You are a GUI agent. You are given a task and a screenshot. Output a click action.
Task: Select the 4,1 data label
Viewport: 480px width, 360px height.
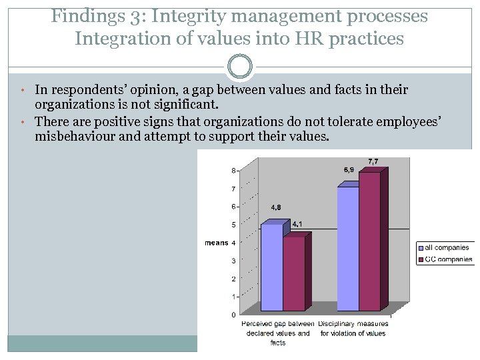tap(297, 225)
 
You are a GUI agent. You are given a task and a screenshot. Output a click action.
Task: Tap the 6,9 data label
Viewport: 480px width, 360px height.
tap(349, 170)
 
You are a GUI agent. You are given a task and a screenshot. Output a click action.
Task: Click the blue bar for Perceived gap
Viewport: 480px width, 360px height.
tap(271, 267)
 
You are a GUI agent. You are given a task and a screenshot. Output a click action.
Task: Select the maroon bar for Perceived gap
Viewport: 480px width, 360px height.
tap(293, 273)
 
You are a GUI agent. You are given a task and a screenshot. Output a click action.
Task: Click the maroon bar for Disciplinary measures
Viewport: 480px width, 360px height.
tap(369, 240)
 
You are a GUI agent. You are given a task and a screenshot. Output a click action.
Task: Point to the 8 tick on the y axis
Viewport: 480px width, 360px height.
tap(233, 171)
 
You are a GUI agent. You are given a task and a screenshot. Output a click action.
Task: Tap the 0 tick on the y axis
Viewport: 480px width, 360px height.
tap(233, 315)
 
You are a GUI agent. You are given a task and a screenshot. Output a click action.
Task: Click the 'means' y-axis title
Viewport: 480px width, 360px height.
tap(216, 243)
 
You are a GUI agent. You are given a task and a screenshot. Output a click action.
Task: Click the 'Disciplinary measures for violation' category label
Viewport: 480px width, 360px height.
tap(353, 329)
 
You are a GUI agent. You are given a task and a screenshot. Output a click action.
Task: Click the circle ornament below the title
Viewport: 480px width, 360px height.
tap(240, 67)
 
